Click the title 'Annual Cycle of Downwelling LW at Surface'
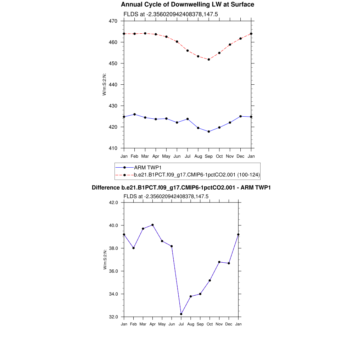[x=188, y=5]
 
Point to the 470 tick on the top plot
[x=113, y=21]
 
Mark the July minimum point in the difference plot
[x=181, y=314]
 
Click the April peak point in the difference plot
[x=152, y=225]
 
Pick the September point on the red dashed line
[x=209, y=60]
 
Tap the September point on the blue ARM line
[x=209, y=132]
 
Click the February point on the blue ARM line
[x=135, y=114]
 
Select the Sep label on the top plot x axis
[x=209, y=156]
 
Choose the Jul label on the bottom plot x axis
[x=181, y=324]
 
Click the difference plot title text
[x=181, y=188]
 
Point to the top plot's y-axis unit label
[x=105, y=84]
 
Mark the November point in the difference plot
[x=219, y=262]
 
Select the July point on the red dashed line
[x=188, y=51]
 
